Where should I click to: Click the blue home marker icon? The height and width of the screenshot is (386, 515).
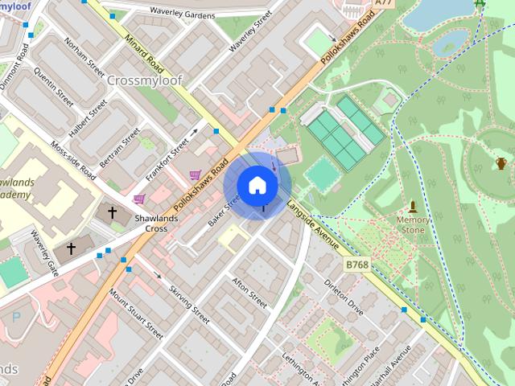pyautogui.click(x=257, y=185)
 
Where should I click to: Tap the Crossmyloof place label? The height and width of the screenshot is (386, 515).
pyautogui.click(x=144, y=80)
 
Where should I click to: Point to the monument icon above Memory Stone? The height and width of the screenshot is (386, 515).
pyautogui.click(x=413, y=206)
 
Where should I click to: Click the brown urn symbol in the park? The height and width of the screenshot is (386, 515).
pyautogui.click(x=501, y=164)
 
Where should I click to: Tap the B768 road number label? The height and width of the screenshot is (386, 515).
pyautogui.click(x=357, y=264)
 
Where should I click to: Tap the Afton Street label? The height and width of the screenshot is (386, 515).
pyautogui.click(x=249, y=293)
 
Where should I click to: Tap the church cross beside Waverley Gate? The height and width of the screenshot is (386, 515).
pyautogui.click(x=71, y=248)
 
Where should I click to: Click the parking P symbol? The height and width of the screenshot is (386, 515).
pyautogui.click(x=17, y=317)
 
